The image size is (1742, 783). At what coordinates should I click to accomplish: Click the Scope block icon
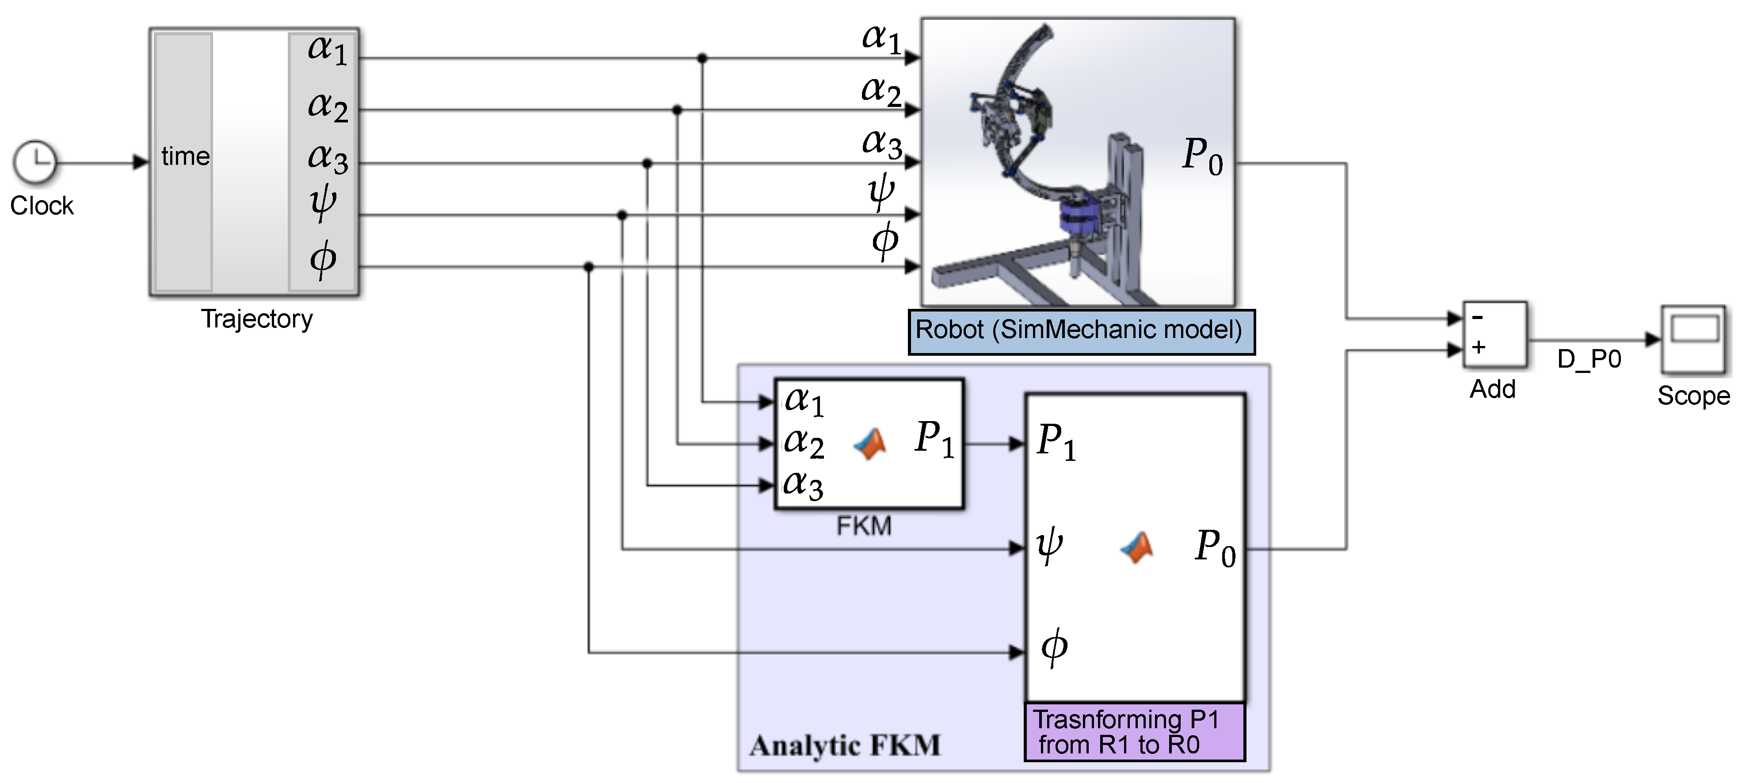click(1694, 339)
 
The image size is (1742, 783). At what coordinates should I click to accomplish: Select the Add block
click(1494, 334)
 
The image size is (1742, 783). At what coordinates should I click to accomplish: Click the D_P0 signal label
click(1589, 359)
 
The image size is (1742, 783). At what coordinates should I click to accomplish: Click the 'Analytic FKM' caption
click(845, 745)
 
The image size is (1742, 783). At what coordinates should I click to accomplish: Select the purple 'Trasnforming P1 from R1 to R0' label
click(1134, 732)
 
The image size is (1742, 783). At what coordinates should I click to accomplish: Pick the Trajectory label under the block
click(257, 319)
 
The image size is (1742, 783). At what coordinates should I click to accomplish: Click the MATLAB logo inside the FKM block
click(870, 444)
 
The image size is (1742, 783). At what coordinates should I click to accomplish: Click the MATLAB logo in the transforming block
click(1137, 547)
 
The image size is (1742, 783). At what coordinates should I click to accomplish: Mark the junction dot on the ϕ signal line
click(588, 267)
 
